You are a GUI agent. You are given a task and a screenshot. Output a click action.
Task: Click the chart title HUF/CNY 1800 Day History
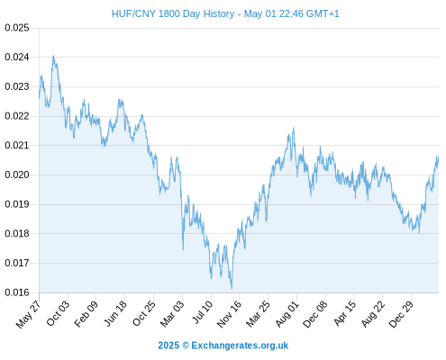[x=173, y=13]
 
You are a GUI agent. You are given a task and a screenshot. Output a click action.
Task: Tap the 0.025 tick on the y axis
[x=17, y=28]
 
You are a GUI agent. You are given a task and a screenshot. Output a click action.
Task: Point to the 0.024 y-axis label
[x=17, y=57]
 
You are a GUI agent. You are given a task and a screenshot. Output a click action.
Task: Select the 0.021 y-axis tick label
[x=17, y=146]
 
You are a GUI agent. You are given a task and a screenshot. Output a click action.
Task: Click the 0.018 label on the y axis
[x=17, y=233]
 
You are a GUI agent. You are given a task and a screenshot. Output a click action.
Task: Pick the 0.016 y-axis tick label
[x=17, y=292]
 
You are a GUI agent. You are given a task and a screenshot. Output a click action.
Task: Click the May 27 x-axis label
[x=28, y=314]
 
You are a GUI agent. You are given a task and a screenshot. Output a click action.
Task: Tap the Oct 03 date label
[x=58, y=313]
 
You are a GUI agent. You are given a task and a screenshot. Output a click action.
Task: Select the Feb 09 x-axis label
[x=86, y=313]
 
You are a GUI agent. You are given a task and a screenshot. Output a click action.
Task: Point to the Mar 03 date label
[x=172, y=314]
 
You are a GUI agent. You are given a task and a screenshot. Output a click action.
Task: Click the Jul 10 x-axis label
[x=203, y=312]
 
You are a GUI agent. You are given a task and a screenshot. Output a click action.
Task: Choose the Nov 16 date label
[x=229, y=314]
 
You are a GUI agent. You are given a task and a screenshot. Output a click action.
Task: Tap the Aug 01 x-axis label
[x=287, y=314]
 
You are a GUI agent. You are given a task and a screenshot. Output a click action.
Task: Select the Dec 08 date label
[x=315, y=314]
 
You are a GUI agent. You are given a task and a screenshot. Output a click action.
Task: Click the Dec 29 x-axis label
[x=401, y=314]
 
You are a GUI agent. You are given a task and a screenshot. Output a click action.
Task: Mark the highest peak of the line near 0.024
[x=53, y=56]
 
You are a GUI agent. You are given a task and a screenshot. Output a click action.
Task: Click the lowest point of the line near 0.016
[x=232, y=289]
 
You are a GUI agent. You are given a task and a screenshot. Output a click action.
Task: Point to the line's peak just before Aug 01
[x=294, y=127]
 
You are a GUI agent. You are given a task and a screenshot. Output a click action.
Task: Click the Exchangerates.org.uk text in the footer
[x=240, y=346]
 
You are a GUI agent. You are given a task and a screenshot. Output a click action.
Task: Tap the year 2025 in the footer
[x=168, y=346]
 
